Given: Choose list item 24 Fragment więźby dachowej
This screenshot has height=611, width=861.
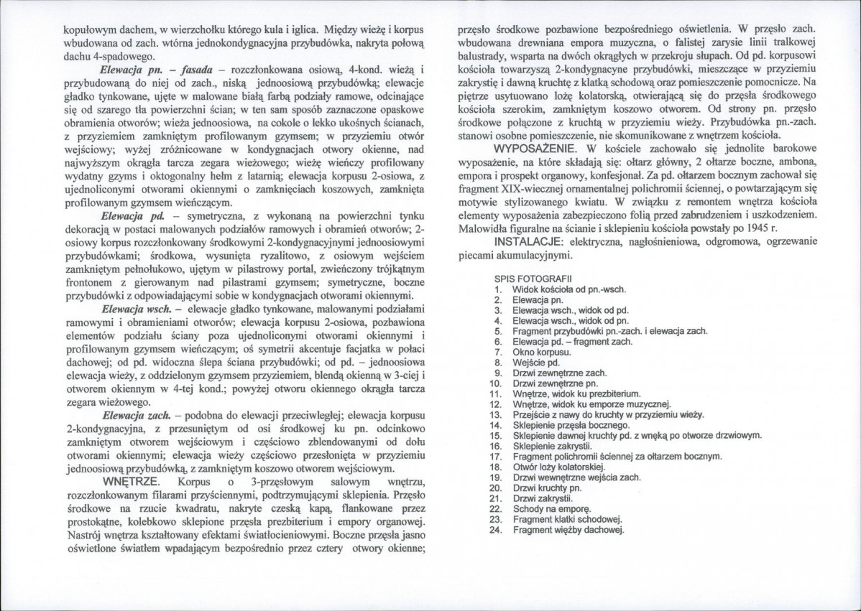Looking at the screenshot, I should click(568, 531).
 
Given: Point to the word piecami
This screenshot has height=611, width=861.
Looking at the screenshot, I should click(479, 255).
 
